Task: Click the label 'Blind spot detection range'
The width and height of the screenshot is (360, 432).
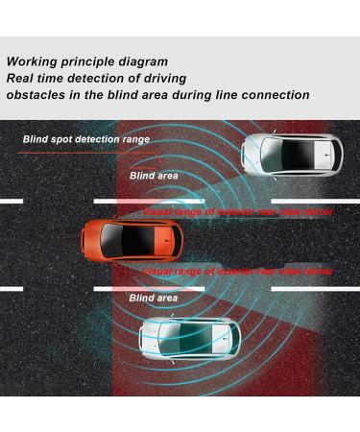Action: coord(86,139)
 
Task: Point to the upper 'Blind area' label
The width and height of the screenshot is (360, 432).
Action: coord(154,176)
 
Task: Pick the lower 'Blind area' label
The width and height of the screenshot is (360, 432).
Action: coord(154,299)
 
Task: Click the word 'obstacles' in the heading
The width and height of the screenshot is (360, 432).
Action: coord(38,95)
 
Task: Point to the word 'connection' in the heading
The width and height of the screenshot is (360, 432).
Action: coord(274,95)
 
